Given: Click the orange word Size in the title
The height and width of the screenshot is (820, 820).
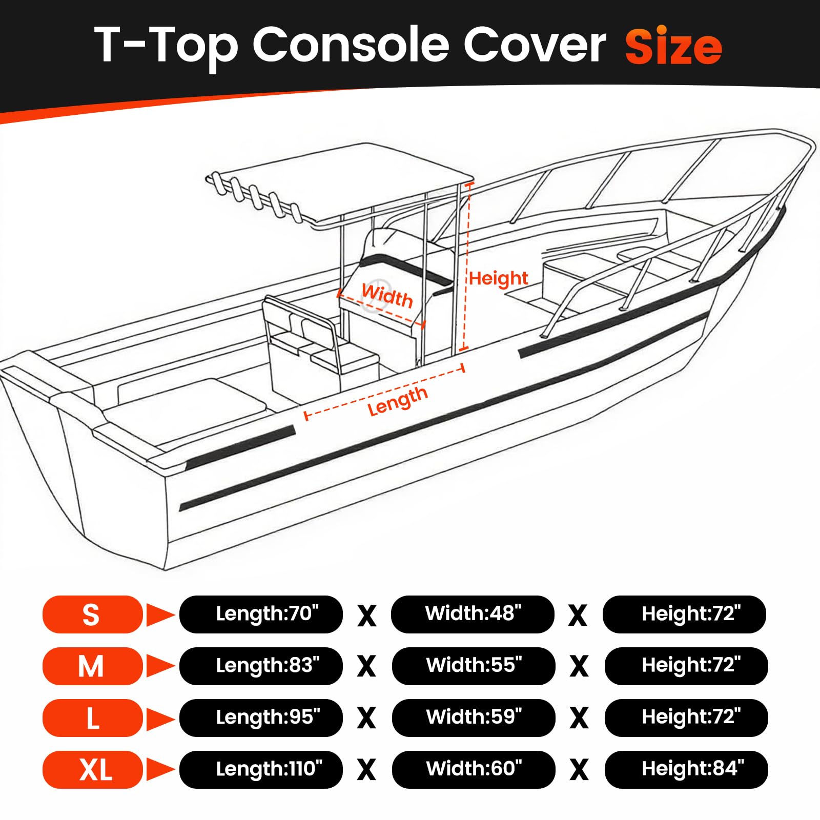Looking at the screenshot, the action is pos(673,46).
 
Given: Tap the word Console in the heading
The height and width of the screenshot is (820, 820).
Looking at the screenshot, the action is pos(353,45).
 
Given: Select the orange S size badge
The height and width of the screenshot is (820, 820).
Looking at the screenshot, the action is pos(92,614).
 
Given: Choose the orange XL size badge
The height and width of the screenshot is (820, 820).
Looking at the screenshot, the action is pos(92,769).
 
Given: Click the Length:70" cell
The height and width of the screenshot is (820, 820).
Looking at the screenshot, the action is pos(261,614).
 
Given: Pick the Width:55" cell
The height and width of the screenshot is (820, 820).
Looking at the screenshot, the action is pos(474,666).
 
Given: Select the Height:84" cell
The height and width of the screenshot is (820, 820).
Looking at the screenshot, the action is pos(686,769).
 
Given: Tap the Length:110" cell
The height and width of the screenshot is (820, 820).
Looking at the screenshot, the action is pos(261,769).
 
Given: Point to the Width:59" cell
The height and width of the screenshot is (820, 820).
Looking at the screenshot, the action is pos(474,717).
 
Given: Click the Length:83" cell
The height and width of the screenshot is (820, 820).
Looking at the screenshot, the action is pos(261,666).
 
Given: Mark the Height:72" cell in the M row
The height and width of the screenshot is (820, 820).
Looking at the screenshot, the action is pos(686,666).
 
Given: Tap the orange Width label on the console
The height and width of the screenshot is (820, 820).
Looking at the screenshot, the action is pos(387,296).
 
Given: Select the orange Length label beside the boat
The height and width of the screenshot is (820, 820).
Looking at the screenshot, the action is pos(398,401).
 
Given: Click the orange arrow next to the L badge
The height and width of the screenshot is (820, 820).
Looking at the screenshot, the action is pos(160,717).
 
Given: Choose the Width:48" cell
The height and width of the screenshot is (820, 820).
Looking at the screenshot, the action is pos(473,614).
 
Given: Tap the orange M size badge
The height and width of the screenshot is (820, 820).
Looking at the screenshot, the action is pos(92,666).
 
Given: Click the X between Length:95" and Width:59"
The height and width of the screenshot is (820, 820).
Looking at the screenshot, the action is pos(366,718).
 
